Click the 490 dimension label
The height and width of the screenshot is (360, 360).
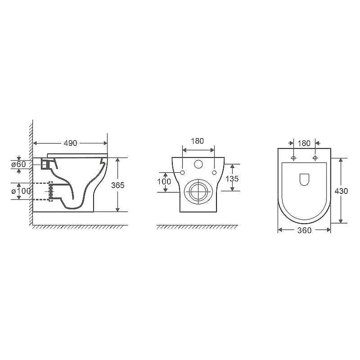tap(70, 143)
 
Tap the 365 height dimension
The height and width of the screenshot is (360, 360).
tap(118, 185)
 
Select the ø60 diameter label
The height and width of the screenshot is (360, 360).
tap(19, 164)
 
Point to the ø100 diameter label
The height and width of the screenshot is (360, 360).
tap(21, 191)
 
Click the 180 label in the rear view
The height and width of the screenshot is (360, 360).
tap(198, 141)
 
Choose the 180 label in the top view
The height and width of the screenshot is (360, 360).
tap(304, 143)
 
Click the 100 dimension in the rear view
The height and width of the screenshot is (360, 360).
tap(164, 182)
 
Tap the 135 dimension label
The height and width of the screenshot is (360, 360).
tap(232, 179)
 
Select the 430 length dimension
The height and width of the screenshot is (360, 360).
tap(341, 191)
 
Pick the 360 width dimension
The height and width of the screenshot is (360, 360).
tap(305, 230)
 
